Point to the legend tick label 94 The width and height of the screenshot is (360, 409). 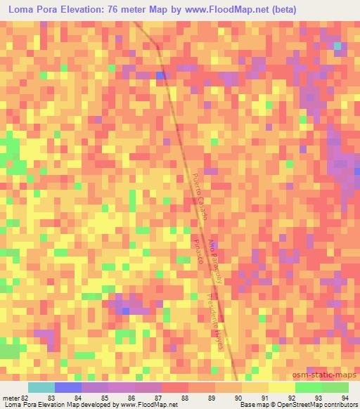[x=344, y=397]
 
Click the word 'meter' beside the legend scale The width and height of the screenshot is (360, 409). [x=9, y=397]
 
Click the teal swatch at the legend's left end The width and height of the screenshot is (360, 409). [x=41, y=387]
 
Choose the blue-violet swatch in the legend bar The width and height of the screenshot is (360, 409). [x=68, y=387]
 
